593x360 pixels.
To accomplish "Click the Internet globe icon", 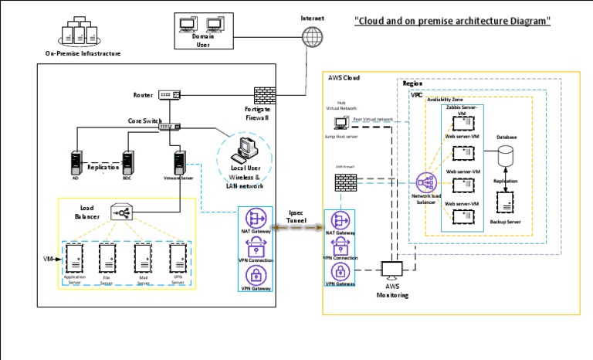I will pos(312,36).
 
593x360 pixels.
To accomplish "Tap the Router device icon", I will pos(169,95).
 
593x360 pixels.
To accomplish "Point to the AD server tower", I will pos(76,161).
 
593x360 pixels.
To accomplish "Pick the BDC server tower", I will pos(127,161).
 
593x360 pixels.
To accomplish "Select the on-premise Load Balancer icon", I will pos(121,212).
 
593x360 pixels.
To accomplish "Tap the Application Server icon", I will pos(75,256).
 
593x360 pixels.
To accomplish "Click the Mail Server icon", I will pos(143,256).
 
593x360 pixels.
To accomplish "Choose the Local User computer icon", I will pos(247,148).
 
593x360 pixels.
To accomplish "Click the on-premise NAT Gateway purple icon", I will pos(256,217).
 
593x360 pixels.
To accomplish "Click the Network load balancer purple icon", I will pos(425,184).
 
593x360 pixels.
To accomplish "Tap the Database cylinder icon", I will pos(506,155).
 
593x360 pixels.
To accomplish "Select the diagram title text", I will pos(452,21).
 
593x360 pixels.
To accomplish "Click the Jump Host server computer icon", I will pos(341,122).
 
